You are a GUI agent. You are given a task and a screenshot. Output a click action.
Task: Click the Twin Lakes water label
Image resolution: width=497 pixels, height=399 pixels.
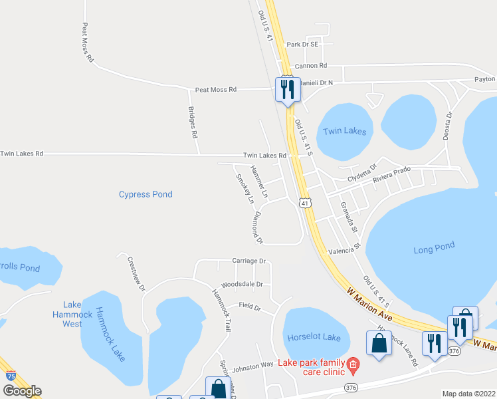pyautogui.click(x=344, y=132)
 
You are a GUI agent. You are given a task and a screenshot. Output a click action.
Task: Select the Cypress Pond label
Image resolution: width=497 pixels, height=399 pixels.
pyautogui.click(x=146, y=194)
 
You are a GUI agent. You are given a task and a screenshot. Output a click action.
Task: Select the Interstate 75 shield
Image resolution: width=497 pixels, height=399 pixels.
pyautogui.click(x=11, y=376)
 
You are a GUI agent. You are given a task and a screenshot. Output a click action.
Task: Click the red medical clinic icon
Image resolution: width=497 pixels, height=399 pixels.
pyautogui.click(x=353, y=363)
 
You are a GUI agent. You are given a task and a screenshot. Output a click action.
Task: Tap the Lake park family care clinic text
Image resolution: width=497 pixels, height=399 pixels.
pyautogui.click(x=312, y=367)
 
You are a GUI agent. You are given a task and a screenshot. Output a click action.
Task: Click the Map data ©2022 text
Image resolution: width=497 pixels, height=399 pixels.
pyautogui.click(x=468, y=394)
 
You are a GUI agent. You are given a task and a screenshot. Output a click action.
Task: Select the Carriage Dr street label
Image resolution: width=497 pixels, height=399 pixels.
pyautogui.click(x=248, y=261)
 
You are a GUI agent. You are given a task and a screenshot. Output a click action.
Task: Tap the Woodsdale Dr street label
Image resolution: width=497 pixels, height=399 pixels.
pyautogui.click(x=242, y=284)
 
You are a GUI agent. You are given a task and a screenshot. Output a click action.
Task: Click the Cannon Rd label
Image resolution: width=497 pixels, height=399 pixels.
pyautogui.click(x=311, y=66)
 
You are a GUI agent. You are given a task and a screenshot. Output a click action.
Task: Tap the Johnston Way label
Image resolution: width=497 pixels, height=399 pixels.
pyautogui.click(x=253, y=365)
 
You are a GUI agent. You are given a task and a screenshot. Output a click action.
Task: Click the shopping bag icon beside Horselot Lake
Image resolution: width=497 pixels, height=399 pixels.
pyautogui.click(x=378, y=344)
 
